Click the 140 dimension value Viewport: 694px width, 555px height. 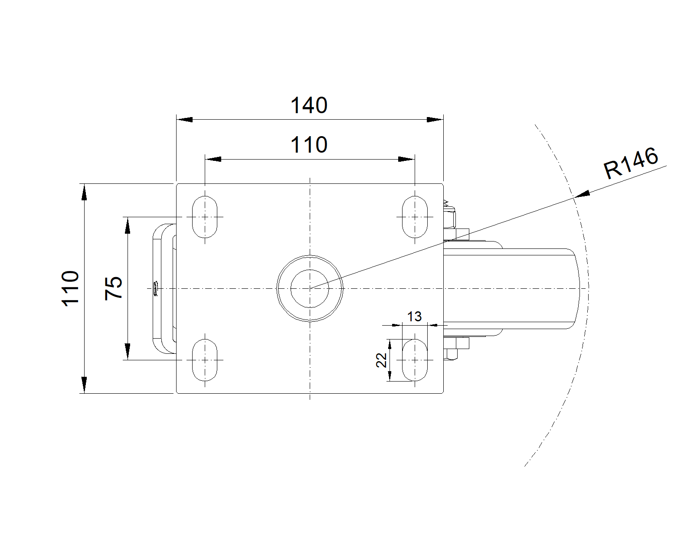[308, 105]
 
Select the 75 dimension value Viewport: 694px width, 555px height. [114, 287]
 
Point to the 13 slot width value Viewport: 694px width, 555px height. [414, 317]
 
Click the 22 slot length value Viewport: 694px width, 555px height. [381, 360]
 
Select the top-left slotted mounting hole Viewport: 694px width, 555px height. [205, 216]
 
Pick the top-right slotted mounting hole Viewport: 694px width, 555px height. [415, 216]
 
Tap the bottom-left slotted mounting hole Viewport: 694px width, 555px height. [205, 359]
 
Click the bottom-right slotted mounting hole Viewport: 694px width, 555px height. [415, 359]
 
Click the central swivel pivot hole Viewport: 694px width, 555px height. [310, 288]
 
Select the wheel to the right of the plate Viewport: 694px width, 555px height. [512, 288]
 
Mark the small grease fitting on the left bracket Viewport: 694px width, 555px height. [155, 288]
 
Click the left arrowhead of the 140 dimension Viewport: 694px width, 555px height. [184, 119]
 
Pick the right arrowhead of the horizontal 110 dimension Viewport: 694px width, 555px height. [406, 159]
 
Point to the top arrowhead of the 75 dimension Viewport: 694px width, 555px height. [127, 225]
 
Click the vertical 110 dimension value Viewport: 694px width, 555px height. [71, 288]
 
